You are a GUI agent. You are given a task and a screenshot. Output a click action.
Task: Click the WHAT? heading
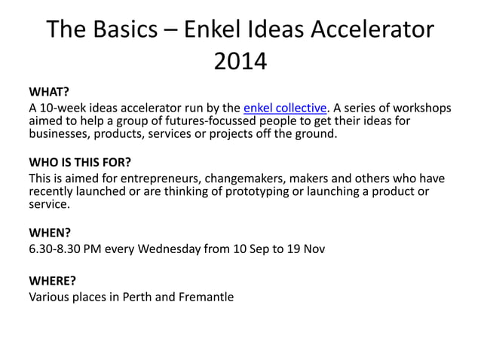point(49,93)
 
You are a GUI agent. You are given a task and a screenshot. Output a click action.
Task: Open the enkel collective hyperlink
point(285,108)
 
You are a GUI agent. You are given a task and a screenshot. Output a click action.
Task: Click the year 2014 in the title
point(240,61)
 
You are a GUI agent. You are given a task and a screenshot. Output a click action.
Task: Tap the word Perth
point(136,296)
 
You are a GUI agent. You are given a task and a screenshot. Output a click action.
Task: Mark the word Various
point(51,296)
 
